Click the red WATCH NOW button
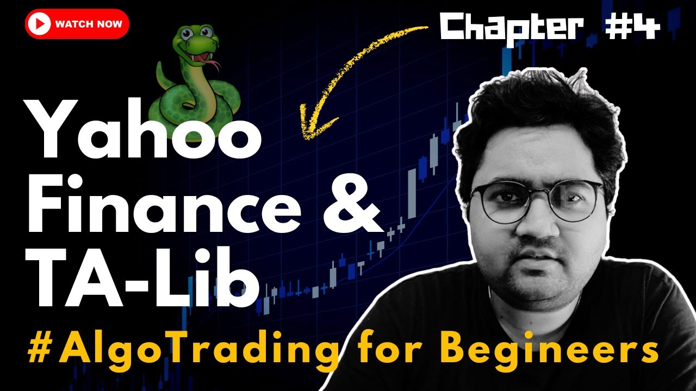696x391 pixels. pos(77,24)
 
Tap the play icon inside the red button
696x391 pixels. pos(41,24)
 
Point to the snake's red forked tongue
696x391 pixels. pos(216,66)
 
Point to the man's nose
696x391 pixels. pos(538,225)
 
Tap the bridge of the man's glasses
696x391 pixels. pos(538,193)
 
